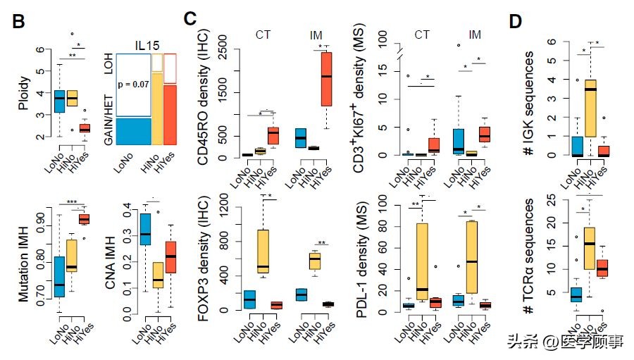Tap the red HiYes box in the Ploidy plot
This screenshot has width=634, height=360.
pos(85,128)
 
